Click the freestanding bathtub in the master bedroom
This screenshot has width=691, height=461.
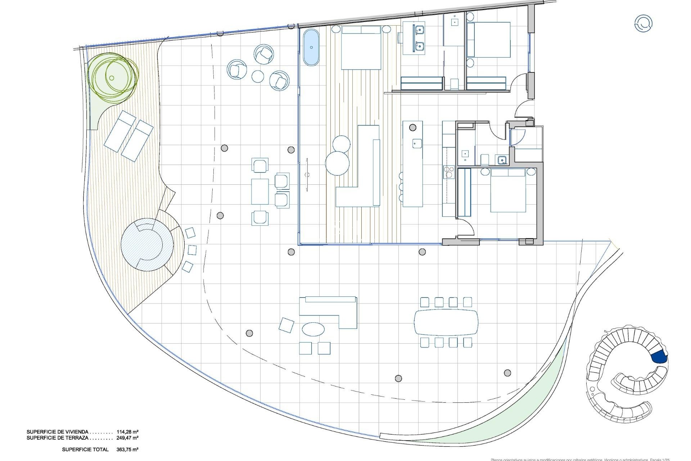[x=311, y=48]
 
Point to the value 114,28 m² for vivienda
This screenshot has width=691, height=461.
[x=127, y=431]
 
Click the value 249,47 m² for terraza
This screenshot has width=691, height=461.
[x=127, y=438]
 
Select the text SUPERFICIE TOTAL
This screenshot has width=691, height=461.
[x=85, y=449]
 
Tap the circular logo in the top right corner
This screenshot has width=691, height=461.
[x=643, y=23]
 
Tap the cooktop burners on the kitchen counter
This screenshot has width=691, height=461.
[x=449, y=172]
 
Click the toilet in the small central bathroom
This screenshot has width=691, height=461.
[x=485, y=159]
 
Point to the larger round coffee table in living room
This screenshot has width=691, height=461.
[x=337, y=163]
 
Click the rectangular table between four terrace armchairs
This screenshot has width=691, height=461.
[x=259, y=191]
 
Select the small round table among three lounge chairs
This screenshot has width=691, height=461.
[x=258, y=76]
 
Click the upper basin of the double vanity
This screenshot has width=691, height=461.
[x=419, y=29]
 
